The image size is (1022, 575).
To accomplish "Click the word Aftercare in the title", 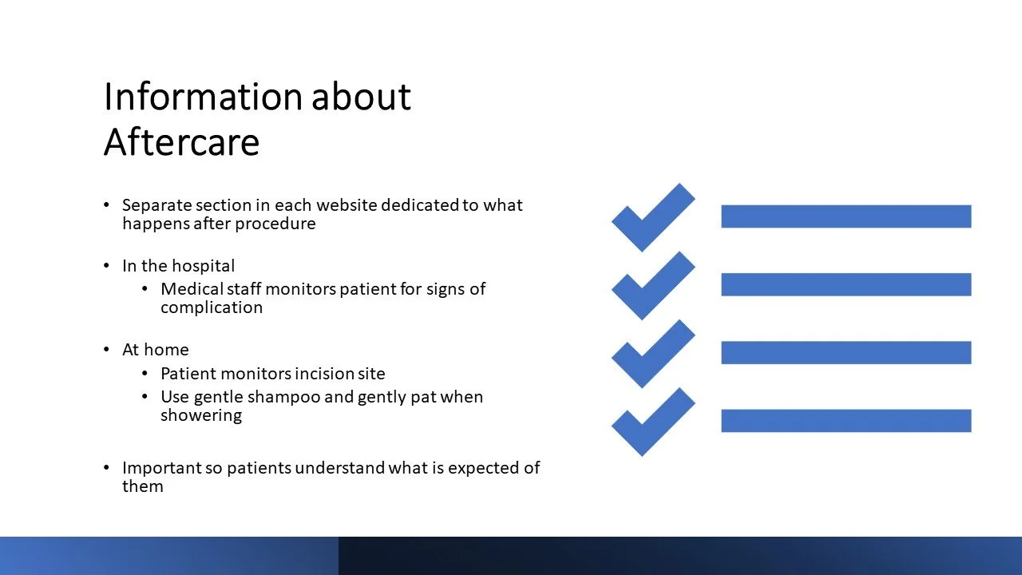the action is [x=181, y=142].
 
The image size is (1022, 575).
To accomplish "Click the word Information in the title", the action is [x=204, y=97].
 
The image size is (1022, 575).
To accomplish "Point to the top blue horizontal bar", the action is [x=846, y=216].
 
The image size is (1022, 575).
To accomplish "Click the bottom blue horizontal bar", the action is [x=846, y=421].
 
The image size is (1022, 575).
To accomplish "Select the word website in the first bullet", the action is [x=347, y=205].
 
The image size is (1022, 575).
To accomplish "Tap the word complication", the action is [x=212, y=308].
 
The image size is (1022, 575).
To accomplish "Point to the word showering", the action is [x=201, y=416].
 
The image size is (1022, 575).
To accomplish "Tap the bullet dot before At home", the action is [x=106, y=350].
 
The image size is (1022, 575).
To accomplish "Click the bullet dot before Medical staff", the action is [x=145, y=289].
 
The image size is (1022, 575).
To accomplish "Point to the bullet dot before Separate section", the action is [x=106, y=205].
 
